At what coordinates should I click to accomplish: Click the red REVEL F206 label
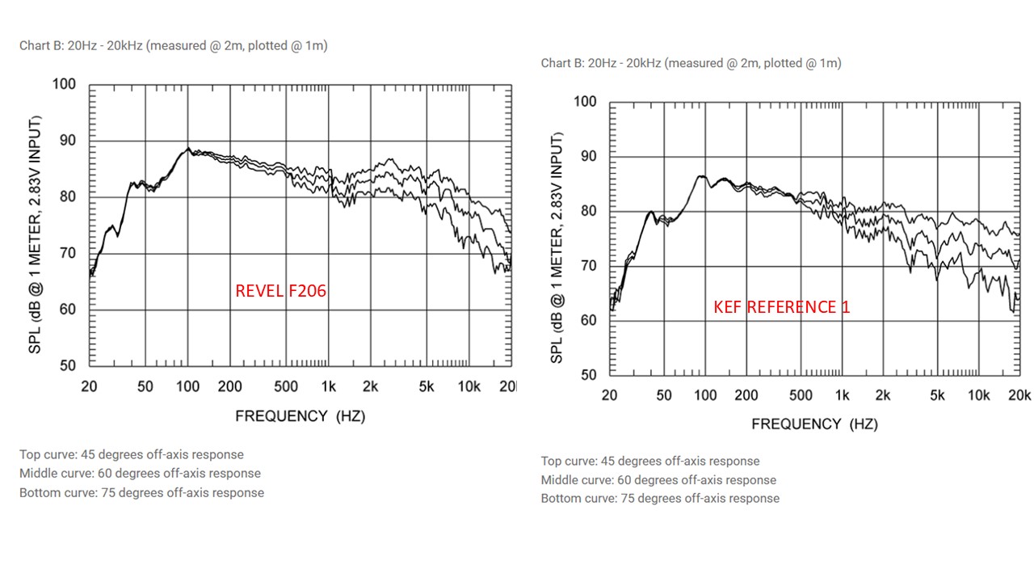[280, 291]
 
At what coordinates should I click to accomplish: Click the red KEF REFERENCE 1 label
[781, 307]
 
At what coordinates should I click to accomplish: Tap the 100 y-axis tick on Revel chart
[64, 84]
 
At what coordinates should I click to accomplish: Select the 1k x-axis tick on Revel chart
[328, 386]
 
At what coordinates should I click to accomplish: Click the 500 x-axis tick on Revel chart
[286, 386]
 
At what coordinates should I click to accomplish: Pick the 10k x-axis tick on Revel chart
[469, 386]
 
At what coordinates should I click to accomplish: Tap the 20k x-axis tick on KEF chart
[1019, 395]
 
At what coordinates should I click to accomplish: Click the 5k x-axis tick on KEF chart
[937, 395]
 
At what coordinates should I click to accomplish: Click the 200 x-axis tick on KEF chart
[746, 395]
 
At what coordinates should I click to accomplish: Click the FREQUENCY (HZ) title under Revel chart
[300, 416]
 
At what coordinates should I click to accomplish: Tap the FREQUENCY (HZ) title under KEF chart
[814, 424]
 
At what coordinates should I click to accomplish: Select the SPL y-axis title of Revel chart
[36, 234]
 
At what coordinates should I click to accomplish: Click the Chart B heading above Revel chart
[173, 46]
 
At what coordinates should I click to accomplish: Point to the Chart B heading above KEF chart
[691, 63]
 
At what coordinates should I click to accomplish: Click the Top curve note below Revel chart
[132, 454]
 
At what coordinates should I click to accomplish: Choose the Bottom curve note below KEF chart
[660, 498]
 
